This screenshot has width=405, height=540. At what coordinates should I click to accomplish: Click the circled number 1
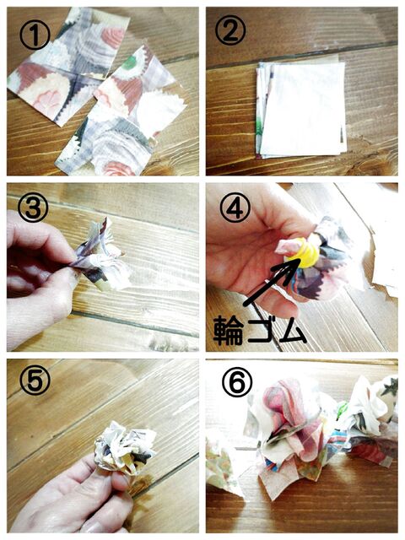click(x=35, y=35)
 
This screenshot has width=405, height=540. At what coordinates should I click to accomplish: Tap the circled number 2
click(x=230, y=30)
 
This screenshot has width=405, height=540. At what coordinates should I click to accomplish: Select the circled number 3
click(x=33, y=208)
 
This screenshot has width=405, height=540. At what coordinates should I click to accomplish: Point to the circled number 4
click(x=235, y=209)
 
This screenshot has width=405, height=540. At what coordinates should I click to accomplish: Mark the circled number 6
click(x=237, y=382)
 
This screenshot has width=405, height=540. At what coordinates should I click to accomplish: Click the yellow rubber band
click(x=304, y=253)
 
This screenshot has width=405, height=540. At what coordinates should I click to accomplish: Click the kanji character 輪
click(x=229, y=332)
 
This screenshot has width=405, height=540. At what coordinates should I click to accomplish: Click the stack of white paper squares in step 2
click(x=301, y=110)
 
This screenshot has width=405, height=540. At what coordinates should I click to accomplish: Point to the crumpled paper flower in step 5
click(x=125, y=447)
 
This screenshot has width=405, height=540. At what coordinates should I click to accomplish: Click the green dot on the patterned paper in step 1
click(x=130, y=62)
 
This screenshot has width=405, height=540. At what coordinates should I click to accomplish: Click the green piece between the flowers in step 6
click(x=342, y=410)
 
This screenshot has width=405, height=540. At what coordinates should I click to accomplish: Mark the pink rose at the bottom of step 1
click(x=119, y=169)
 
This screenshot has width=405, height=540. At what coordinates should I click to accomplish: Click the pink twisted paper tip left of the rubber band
click(x=285, y=246)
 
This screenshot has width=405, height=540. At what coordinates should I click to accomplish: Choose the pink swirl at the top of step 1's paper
click(x=113, y=37)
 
